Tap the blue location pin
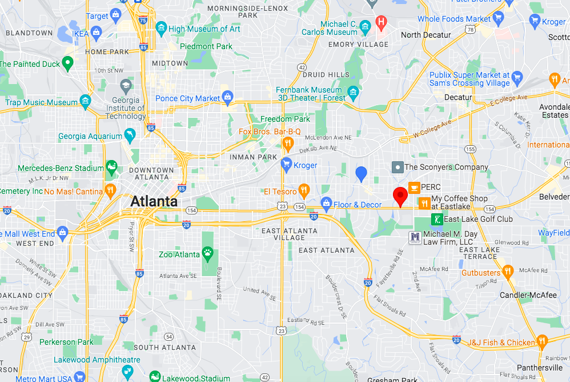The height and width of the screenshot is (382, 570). pyautogui.click(x=361, y=173)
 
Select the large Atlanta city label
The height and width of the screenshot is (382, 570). pyautogui.click(x=154, y=201)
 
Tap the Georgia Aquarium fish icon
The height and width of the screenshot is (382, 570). pyautogui.click(x=131, y=136)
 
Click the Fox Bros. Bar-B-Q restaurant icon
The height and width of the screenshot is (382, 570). pyautogui.click(x=288, y=143)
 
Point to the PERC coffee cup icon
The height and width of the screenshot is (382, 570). pyautogui.click(x=414, y=186)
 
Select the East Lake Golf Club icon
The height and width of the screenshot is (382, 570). pyautogui.click(x=436, y=219)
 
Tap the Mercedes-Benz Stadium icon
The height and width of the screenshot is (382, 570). pyautogui.click(x=111, y=168)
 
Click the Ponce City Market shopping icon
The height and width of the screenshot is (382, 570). pyautogui.click(x=227, y=98)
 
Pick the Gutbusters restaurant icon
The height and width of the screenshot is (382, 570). pyautogui.click(x=508, y=272)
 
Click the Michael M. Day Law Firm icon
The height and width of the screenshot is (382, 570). pyautogui.click(x=415, y=237)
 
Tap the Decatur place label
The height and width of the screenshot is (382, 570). pyautogui.click(x=458, y=98)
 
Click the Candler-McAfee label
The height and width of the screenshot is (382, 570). pyautogui.click(x=529, y=295)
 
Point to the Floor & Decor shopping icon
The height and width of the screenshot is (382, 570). pyautogui.click(x=327, y=203)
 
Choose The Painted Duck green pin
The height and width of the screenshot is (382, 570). pyautogui.click(x=68, y=63)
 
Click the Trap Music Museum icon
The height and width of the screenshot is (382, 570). pyautogui.click(x=86, y=102)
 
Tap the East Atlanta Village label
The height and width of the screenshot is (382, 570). pyautogui.click(x=288, y=234)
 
